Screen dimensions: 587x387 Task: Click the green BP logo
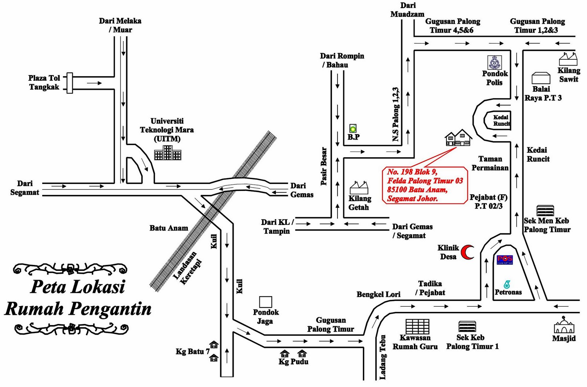[x=353, y=128]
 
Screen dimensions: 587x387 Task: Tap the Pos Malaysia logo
[x=505, y=260]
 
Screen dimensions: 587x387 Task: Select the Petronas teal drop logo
[x=507, y=284]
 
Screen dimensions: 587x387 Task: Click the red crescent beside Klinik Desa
[x=467, y=252]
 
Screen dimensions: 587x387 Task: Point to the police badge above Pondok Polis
[x=495, y=62]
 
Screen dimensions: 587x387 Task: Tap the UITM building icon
[x=167, y=153]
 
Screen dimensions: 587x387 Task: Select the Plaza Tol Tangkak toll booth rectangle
[x=69, y=83]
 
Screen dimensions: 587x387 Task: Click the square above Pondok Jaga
[x=266, y=302]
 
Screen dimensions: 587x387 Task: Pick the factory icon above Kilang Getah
[x=359, y=188]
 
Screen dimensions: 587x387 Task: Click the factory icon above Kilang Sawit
[x=568, y=59]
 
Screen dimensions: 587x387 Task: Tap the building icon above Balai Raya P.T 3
[x=541, y=78]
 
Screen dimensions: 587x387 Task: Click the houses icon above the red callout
[x=458, y=137]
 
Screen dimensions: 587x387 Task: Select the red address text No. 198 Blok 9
[x=412, y=172]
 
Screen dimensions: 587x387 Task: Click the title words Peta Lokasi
[x=77, y=287]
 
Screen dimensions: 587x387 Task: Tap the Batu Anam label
[x=169, y=228]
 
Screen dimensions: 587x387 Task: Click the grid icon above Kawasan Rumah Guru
[x=417, y=326]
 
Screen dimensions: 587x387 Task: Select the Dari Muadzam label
[x=407, y=10]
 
